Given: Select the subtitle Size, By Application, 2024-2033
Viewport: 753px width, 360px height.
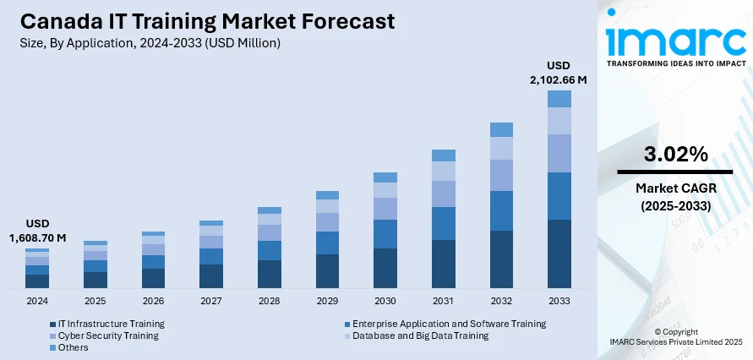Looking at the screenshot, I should point(145,42).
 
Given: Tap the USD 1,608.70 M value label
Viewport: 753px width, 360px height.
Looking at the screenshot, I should point(37,231).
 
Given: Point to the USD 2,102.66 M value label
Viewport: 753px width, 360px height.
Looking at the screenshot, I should point(559,72).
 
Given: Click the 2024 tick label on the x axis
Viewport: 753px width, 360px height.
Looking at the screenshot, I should point(37,301).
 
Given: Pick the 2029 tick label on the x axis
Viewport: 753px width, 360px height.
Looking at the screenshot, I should point(327,301).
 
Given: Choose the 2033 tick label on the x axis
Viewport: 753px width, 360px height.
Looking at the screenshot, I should point(559,301).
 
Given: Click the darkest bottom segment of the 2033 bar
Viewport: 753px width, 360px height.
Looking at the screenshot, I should point(559,254).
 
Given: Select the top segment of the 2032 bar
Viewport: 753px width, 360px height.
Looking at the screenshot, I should point(501,129).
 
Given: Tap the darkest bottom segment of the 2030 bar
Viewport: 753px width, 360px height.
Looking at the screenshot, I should point(385,268).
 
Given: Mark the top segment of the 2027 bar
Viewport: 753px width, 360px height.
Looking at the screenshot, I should point(211,223).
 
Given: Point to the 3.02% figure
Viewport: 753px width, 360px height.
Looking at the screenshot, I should point(674,154).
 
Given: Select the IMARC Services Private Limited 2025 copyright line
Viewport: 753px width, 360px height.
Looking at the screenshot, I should point(675,341).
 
